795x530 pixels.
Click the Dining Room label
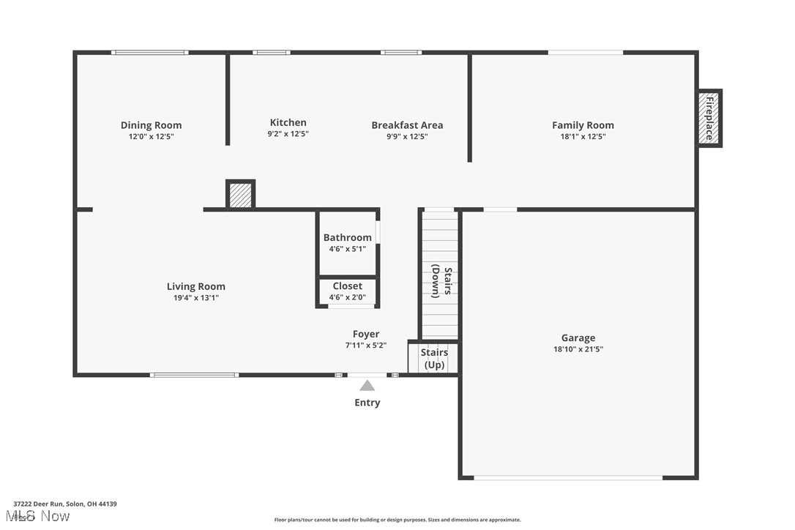(x=151, y=125)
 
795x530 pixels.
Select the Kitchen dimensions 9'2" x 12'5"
(x=288, y=134)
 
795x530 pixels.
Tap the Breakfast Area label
(x=407, y=125)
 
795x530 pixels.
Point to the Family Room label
(x=583, y=125)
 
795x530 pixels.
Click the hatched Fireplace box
(x=709, y=118)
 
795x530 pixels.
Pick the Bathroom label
(x=348, y=237)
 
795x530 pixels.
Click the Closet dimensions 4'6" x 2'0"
(x=348, y=297)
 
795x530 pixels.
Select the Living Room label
(x=196, y=287)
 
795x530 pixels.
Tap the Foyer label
(x=366, y=334)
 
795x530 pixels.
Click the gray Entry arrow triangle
(x=367, y=386)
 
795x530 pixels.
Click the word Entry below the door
(x=367, y=403)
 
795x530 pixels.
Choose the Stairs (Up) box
(x=434, y=359)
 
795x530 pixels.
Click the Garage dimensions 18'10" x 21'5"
(x=578, y=349)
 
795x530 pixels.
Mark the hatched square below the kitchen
(x=240, y=195)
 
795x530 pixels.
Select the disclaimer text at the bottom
(x=397, y=520)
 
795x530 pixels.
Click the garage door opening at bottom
(x=568, y=478)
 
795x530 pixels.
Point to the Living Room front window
(x=194, y=375)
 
